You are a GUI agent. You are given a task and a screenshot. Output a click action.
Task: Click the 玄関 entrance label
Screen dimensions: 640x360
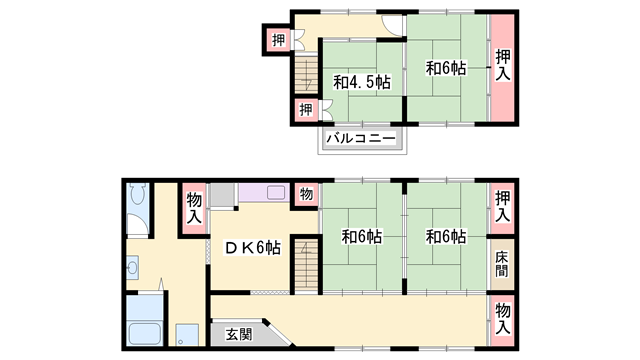click(x=239, y=335)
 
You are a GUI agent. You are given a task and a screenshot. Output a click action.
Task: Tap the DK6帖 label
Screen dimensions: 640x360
click(x=253, y=247)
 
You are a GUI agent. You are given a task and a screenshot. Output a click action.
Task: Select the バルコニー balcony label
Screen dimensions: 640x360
click(x=361, y=138)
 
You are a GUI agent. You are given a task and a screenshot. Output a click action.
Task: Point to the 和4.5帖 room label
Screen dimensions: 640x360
click(x=362, y=82)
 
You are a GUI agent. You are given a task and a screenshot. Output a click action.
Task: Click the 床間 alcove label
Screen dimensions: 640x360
click(x=502, y=264)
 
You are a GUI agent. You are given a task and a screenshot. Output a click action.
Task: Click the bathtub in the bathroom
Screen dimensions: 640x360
click(x=144, y=333)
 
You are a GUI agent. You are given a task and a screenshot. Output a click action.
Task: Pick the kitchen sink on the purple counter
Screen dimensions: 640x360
click(x=276, y=193)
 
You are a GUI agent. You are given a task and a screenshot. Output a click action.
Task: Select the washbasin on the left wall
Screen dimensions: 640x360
click(x=132, y=268)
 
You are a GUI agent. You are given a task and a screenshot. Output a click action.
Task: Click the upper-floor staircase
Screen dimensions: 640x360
click(x=307, y=76)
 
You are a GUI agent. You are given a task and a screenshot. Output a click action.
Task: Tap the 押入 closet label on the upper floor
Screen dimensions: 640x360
click(x=503, y=65)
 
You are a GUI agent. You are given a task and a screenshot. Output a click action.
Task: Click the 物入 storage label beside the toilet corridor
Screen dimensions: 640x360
click(x=194, y=209)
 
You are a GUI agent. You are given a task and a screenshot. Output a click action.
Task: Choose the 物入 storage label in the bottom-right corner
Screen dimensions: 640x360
click(x=503, y=320)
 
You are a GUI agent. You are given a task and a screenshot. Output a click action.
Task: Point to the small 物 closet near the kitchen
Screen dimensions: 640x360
click(x=306, y=194)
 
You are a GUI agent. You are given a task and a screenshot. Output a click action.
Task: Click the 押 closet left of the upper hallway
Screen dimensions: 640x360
click(x=278, y=40)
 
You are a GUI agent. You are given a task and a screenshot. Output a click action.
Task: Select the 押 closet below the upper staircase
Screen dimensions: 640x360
click(x=306, y=109)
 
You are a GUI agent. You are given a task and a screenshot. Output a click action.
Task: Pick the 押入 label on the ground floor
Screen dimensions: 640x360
click(x=503, y=208)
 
